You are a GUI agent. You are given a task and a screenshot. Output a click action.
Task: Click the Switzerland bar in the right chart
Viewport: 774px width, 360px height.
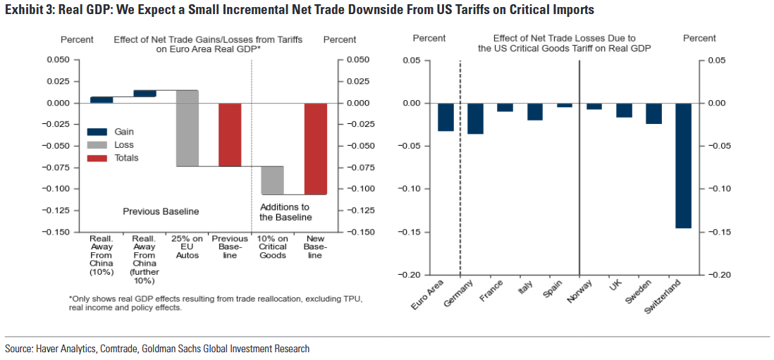[683, 166]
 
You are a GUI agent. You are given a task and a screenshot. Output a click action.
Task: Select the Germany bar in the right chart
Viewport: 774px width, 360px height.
[475, 118]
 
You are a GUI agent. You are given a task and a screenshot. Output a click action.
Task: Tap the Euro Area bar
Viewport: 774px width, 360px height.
[446, 117]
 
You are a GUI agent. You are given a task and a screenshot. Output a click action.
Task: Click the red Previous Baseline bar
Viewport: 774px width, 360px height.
[230, 135]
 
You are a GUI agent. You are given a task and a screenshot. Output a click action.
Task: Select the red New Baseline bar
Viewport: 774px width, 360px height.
[316, 149]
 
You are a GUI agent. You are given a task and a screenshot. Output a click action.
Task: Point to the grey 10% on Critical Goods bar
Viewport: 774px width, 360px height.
[273, 180]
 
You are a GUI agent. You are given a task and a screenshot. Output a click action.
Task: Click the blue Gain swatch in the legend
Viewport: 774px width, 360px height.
[97, 132]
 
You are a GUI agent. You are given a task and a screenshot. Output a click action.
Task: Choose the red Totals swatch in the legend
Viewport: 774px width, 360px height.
[97, 158]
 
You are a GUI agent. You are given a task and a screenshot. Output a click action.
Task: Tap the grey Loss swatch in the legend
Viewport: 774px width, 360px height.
[97, 144]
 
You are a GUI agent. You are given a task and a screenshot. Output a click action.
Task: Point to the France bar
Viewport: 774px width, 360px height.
[505, 107]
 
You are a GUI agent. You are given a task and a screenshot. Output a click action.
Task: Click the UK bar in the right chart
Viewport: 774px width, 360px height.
[624, 110]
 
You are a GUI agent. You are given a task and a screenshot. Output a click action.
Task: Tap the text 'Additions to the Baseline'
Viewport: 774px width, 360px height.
[285, 212]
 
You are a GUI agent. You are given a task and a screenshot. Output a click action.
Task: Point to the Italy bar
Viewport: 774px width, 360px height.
[535, 111]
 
